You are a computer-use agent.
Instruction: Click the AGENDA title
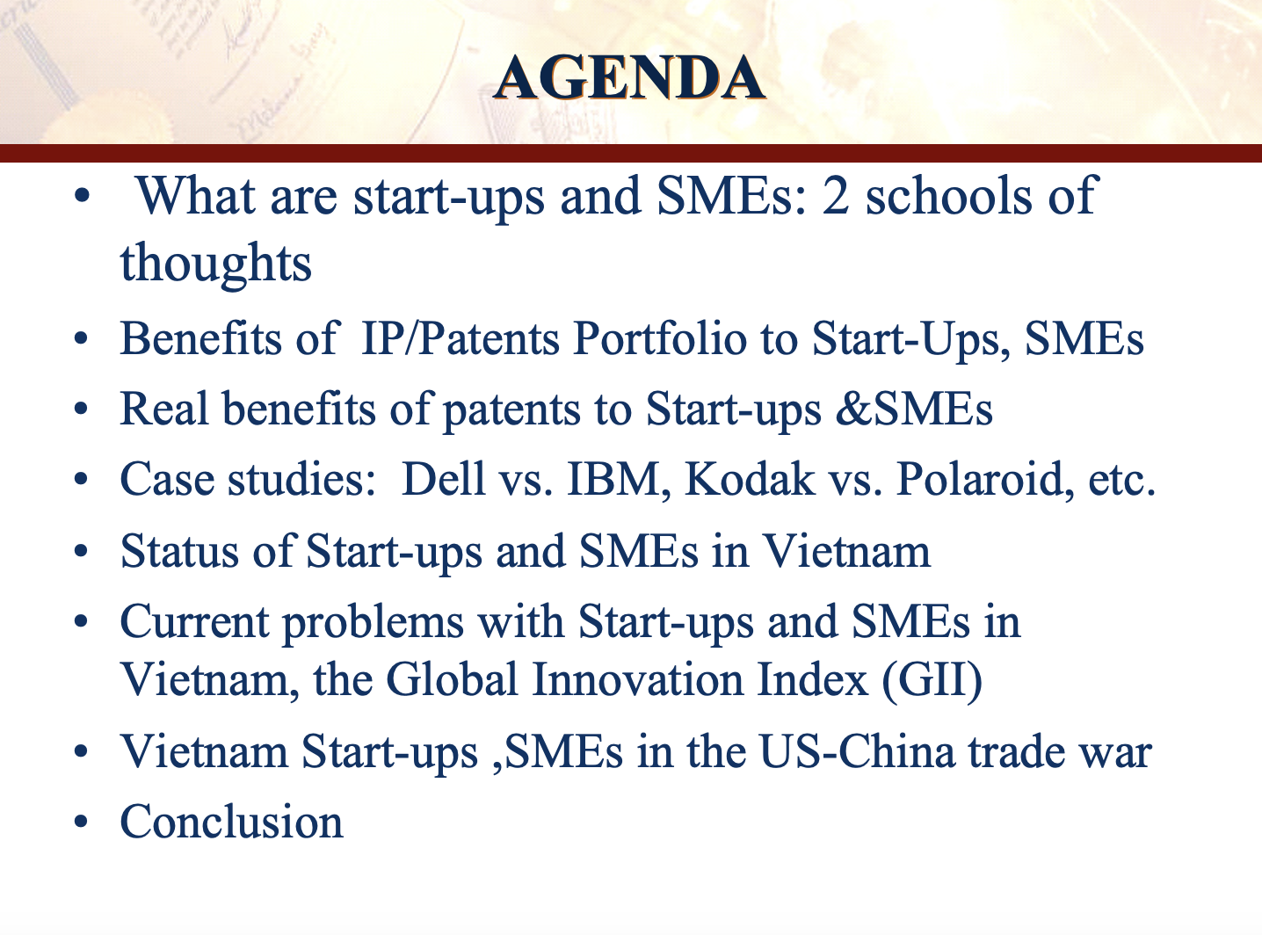(x=628, y=78)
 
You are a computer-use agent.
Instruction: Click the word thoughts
(x=215, y=264)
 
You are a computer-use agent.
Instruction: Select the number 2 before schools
(x=835, y=196)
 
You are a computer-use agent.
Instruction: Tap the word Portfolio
(x=659, y=338)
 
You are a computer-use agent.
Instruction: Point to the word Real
(x=163, y=409)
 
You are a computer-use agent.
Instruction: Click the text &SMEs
(x=914, y=409)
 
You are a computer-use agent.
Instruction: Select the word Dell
(x=443, y=479)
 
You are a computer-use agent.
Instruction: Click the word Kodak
(x=750, y=479)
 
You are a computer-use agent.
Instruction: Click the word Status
(x=179, y=551)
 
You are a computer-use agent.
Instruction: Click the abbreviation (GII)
(x=932, y=680)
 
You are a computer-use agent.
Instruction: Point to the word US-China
(x=857, y=751)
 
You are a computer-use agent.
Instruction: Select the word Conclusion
(x=232, y=821)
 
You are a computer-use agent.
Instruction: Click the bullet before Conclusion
(x=82, y=823)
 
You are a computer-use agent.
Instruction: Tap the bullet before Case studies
(x=82, y=480)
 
